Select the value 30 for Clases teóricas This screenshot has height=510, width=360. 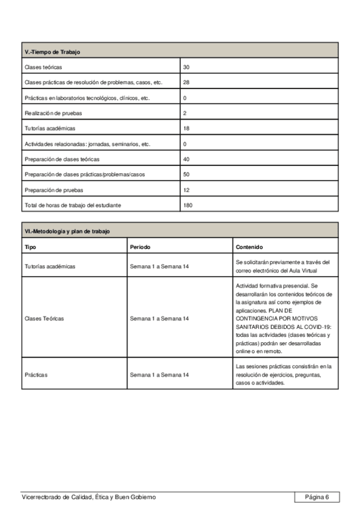tap(186, 67)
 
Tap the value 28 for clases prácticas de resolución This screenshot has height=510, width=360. tap(186, 82)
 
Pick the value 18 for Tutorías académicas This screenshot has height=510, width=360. tap(186, 129)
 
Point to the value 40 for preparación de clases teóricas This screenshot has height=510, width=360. tap(186, 159)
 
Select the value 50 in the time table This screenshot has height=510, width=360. tap(186, 174)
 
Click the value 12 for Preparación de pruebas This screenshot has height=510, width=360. tap(186, 190)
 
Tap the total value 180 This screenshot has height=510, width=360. tap(188, 205)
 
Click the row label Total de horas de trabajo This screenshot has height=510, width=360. tap(73, 205)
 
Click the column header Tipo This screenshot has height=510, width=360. tap(30, 247)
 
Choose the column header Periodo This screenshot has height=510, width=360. tap(140, 247)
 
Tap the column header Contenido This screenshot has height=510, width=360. tap(249, 247)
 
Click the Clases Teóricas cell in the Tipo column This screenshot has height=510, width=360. tap(44, 318)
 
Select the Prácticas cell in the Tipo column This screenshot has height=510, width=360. tap(36, 375)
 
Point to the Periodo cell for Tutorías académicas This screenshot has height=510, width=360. tap(159, 266)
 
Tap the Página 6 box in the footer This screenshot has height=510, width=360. tap(317, 497)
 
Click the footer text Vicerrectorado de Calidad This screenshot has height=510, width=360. tap(88, 497)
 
